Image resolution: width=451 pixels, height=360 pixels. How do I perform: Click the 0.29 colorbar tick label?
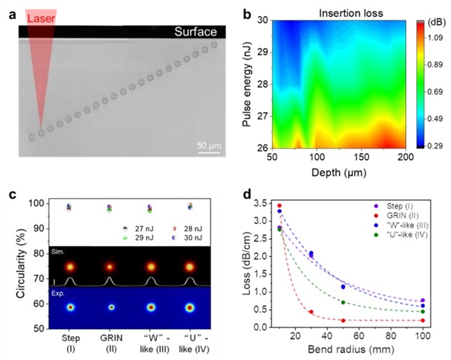tap(432, 145)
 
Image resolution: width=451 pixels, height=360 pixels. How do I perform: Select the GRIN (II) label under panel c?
tap(110, 343)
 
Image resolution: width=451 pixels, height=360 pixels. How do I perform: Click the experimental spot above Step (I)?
tap(70, 308)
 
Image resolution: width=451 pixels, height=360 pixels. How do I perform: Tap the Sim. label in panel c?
tap(58, 250)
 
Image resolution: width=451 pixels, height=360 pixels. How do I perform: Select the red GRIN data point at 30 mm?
tap(311, 311)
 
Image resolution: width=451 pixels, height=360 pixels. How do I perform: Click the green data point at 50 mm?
tap(343, 302)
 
